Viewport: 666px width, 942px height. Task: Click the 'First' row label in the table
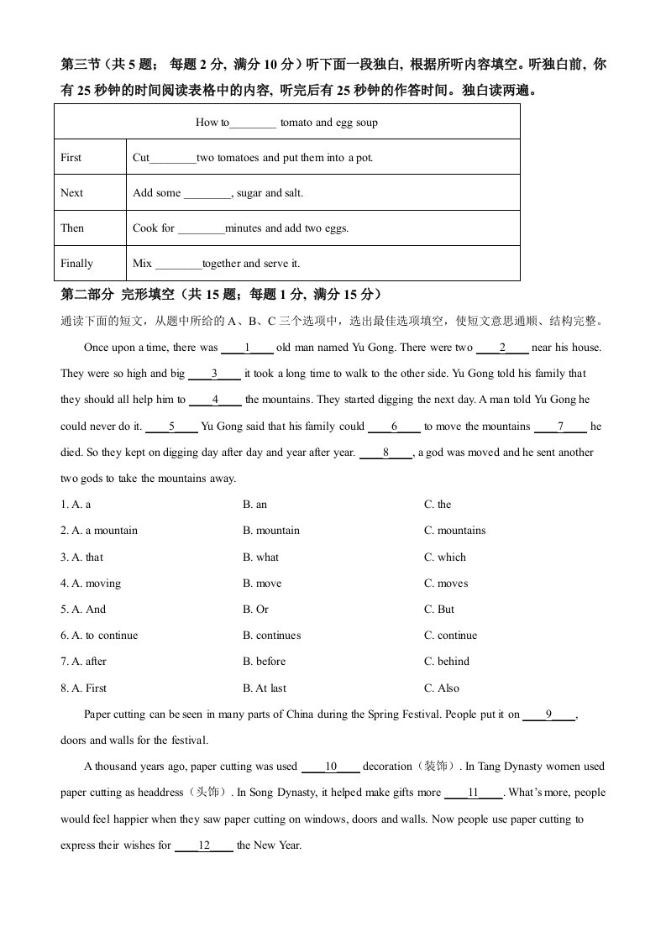click(x=71, y=157)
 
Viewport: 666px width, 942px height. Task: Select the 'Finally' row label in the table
click(x=76, y=263)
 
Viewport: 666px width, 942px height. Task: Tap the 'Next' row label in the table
click(x=71, y=192)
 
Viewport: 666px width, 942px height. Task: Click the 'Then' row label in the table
click(x=72, y=228)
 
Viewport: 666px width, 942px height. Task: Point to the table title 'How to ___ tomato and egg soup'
click(x=286, y=122)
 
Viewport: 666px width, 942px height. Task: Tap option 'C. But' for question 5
click(x=439, y=610)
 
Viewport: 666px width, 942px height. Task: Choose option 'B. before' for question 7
click(x=264, y=662)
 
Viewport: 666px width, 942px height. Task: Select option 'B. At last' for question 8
click(x=264, y=688)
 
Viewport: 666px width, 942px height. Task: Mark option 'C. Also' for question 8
click(x=442, y=688)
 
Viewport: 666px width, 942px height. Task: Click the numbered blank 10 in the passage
click(x=331, y=767)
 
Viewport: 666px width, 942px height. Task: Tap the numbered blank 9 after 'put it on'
click(x=548, y=714)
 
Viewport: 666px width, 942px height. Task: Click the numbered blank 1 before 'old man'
click(x=248, y=348)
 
